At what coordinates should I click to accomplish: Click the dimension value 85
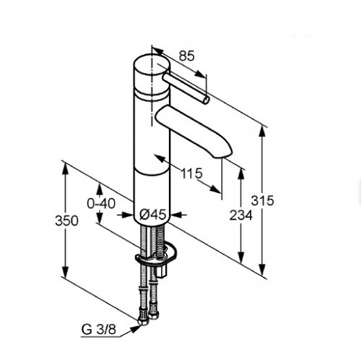pyautogui.click(x=186, y=56)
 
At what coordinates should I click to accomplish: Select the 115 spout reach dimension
pyautogui.click(x=192, y=173)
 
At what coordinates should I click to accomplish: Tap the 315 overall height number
pyautogui.click(x=263, y=200)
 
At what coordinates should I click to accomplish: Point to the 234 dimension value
pyautogui.click(x=241, y=215)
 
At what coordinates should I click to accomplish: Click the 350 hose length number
pyautogui.click(x=66, y=220)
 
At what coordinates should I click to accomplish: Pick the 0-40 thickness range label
pyautogui.click(x=101, y=204)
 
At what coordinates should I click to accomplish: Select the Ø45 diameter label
pyautogui.click(x=153, y=214)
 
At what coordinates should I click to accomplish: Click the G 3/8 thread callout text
pyautogui.click(x=99, y=330)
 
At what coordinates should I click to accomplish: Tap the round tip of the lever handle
pyautogui.click(x=206, y=100)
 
